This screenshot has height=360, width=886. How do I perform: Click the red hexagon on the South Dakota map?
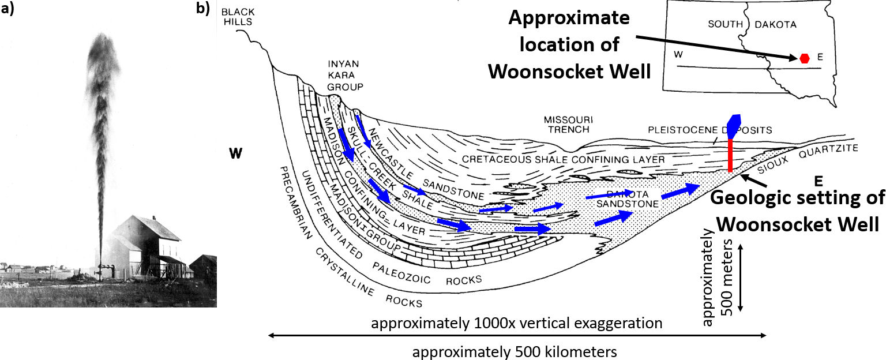click(x=805, y=57)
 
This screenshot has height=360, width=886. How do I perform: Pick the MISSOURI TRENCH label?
click(x=568, y=124)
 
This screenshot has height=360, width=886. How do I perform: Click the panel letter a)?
click(x=9, y=9)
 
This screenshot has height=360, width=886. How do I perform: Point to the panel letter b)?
click(x=202, y=9)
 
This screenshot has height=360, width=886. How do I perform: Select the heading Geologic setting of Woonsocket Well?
click(x=797, y=210)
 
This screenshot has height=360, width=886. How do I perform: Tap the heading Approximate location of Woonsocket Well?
click(x=569, y=44)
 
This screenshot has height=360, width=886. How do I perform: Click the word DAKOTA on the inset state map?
click(x=776, y=24)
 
